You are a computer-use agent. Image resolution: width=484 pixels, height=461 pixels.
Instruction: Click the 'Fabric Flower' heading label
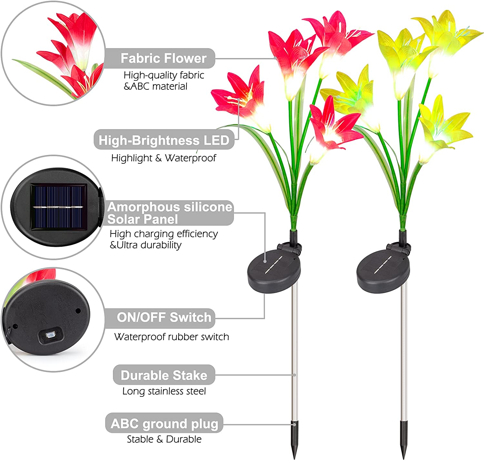click(x=163, y=58)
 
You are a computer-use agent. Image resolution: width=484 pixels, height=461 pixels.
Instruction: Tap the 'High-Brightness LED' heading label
click(x=164, y=140)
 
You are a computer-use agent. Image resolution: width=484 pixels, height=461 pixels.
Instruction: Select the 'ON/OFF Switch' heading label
click(x=164, y=317)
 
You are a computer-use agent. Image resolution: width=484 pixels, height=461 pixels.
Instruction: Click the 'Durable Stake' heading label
click(x=164, y=375)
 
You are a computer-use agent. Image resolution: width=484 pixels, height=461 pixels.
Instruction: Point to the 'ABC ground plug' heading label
click(x=164, y=424)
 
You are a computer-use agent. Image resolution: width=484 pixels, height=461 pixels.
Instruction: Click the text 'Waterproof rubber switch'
click(x=171, y=337)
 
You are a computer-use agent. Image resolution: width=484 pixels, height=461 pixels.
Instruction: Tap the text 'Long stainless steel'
click(x=164, y=391)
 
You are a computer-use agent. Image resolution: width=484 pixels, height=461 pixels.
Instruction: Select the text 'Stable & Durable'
click(x=164, y=439)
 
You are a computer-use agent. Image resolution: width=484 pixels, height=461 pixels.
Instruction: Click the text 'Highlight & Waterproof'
click(x=164, y=158)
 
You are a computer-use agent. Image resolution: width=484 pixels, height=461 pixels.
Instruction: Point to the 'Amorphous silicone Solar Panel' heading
click(x=170, y=213)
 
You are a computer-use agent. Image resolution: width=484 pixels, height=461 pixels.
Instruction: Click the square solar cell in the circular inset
click(x=59, y=207)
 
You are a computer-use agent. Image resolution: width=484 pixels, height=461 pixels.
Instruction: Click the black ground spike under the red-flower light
click(x=294, y=439)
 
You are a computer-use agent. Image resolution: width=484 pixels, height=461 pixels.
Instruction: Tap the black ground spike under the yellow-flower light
click(x=404, y=439)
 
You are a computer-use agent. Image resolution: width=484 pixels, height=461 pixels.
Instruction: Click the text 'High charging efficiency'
click(x=164, y=234)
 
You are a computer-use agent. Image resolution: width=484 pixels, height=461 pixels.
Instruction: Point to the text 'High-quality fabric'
click(x=164, y=75)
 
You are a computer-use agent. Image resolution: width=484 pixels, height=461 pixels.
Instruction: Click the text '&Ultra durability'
click(x=146, y=245)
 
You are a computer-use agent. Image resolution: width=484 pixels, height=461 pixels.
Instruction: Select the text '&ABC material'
click(x=156, y=87)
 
